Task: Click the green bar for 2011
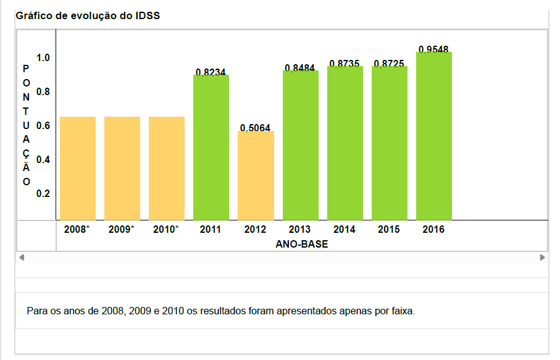coord(211,147)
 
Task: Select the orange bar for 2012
coord(256,175)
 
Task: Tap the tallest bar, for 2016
coord(434,136)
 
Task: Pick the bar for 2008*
coord(78,168)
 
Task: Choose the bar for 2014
coord(345,143)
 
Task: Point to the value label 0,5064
coord(255,128)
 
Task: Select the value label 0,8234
coord(211,72)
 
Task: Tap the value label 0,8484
coord(300,67)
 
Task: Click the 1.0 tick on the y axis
coord(43,58)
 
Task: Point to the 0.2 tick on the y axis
coord(43,193)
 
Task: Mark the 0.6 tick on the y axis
coord(43,125)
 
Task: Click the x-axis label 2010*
coord(166,230)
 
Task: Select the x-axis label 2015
coord(389,230)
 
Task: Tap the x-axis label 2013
coord(300,230)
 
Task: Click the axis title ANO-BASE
coord(302,245)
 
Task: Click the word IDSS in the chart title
coord(148,15)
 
